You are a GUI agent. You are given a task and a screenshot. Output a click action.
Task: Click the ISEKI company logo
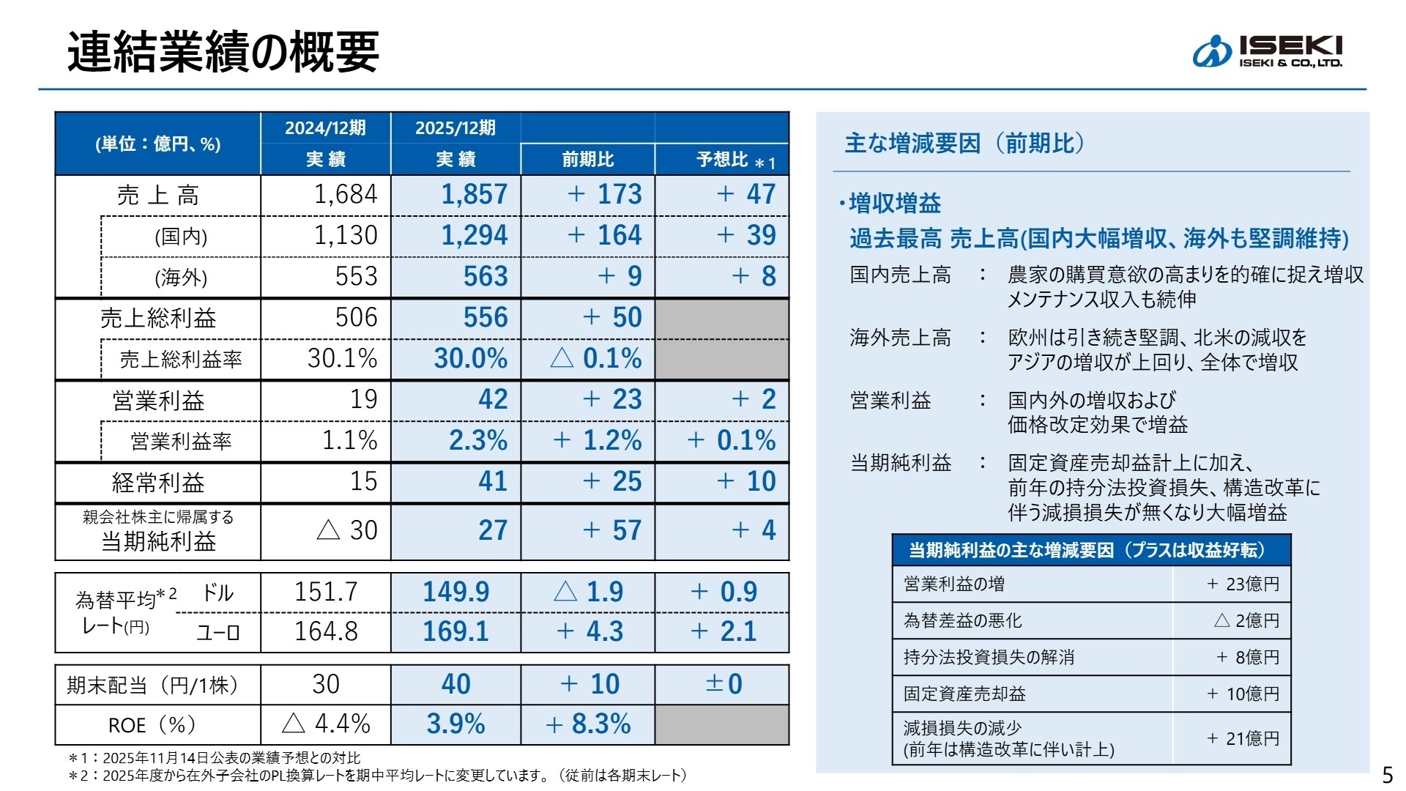1267,51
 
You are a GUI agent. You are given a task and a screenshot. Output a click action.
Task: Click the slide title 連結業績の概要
223,52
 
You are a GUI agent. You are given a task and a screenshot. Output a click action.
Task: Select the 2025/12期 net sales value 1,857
474,195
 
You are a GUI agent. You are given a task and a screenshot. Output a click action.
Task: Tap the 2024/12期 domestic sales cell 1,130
345,236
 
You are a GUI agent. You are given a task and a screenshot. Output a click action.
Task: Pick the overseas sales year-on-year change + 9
620,277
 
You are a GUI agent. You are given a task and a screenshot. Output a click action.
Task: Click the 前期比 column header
587,160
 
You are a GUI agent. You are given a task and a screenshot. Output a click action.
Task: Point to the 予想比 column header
722,160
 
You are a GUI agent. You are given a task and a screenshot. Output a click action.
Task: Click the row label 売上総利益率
180,360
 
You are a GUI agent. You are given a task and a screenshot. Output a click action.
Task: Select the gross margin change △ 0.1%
595,359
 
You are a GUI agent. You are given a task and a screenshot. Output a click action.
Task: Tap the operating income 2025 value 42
492,400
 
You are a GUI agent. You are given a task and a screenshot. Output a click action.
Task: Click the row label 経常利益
158,483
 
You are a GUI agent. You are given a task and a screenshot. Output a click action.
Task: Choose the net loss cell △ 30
347,530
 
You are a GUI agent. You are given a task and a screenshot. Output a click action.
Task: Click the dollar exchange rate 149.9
455,592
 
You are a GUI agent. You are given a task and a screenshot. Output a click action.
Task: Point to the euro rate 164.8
326,631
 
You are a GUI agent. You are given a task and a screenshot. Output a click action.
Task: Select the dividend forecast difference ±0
724,685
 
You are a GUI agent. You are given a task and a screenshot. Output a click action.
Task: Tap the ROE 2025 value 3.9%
455,724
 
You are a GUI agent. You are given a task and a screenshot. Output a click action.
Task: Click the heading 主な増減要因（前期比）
964,144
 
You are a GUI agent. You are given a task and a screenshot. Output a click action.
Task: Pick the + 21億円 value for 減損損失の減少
1243,738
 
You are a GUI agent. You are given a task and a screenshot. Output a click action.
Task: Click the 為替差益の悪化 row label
962,621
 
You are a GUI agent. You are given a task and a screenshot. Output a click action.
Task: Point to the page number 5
1387,774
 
